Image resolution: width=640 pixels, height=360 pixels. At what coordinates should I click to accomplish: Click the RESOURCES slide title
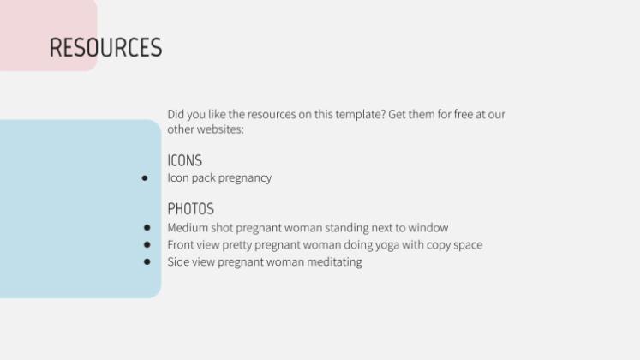pos(105,48)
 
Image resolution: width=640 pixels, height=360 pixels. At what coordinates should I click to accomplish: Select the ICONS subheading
pos(184,160)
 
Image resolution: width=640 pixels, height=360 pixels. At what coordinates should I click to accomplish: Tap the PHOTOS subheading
pos(190,208)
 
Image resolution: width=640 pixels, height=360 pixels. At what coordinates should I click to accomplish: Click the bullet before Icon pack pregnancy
pos(145,178)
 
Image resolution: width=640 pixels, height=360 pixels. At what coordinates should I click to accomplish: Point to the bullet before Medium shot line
pos(147,228)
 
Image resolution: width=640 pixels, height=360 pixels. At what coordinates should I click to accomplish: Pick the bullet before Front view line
pos(147,245)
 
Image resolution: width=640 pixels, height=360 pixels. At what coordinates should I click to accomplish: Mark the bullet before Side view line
pos(147,262)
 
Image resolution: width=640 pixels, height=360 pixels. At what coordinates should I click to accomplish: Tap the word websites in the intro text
pos(221,129)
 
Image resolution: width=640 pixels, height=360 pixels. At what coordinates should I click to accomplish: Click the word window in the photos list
pos(428,228)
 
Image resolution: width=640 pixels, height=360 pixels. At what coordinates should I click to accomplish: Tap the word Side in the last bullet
pos(178,262)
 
